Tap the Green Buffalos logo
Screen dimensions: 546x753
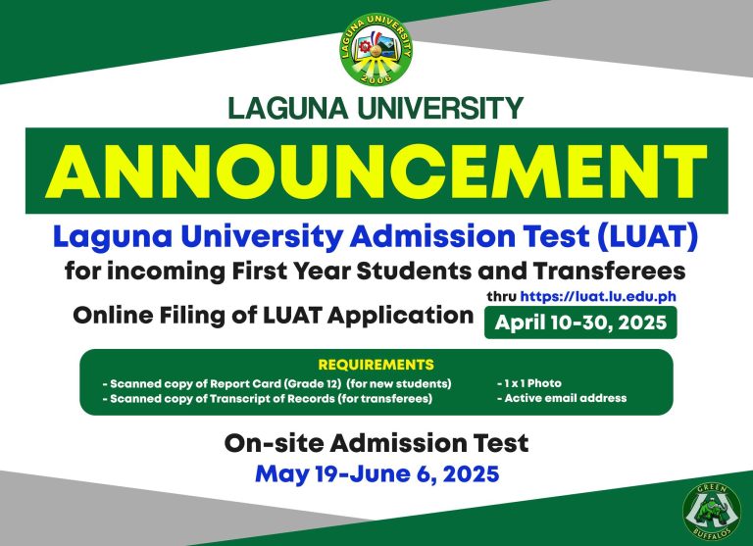(x=712, y=511)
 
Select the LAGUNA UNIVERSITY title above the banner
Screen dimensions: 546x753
(x=376, y=108)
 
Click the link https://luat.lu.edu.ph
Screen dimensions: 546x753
(x=599, y=295)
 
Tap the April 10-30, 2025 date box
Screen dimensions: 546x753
(x=580, y=323)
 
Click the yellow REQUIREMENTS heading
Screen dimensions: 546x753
(x=376, y=365)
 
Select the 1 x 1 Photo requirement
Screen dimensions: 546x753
(x=531, y=382)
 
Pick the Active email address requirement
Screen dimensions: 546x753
(x=562, y=398)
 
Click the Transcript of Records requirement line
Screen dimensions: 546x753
(x=267, y=399)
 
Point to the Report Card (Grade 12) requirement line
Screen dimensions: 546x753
(x=276, y=382)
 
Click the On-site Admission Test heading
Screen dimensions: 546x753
(x=376, y=443)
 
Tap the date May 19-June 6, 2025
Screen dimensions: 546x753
(x=376, y=474)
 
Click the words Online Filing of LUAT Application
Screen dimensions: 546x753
(x=273, y=316)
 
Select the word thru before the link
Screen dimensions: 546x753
(x=501, y=295)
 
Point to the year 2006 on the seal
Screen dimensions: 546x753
(x=376, y=75)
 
